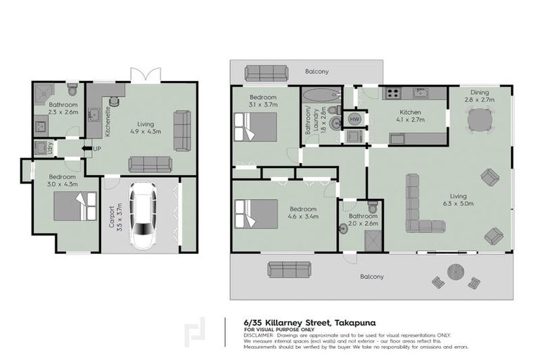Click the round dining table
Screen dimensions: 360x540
click(x=480, y=122)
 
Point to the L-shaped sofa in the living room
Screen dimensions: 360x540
click(x=420, y=207)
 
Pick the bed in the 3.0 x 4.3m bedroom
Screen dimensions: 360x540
click(x=76, y=207)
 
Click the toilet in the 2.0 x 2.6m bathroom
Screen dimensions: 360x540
click(x=373, y=208)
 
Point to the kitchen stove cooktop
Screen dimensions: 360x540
click(x=390, y=93)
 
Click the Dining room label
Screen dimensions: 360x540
click(x=480, y=92)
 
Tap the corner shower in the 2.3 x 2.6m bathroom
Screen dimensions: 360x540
click(x=44, y=93)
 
